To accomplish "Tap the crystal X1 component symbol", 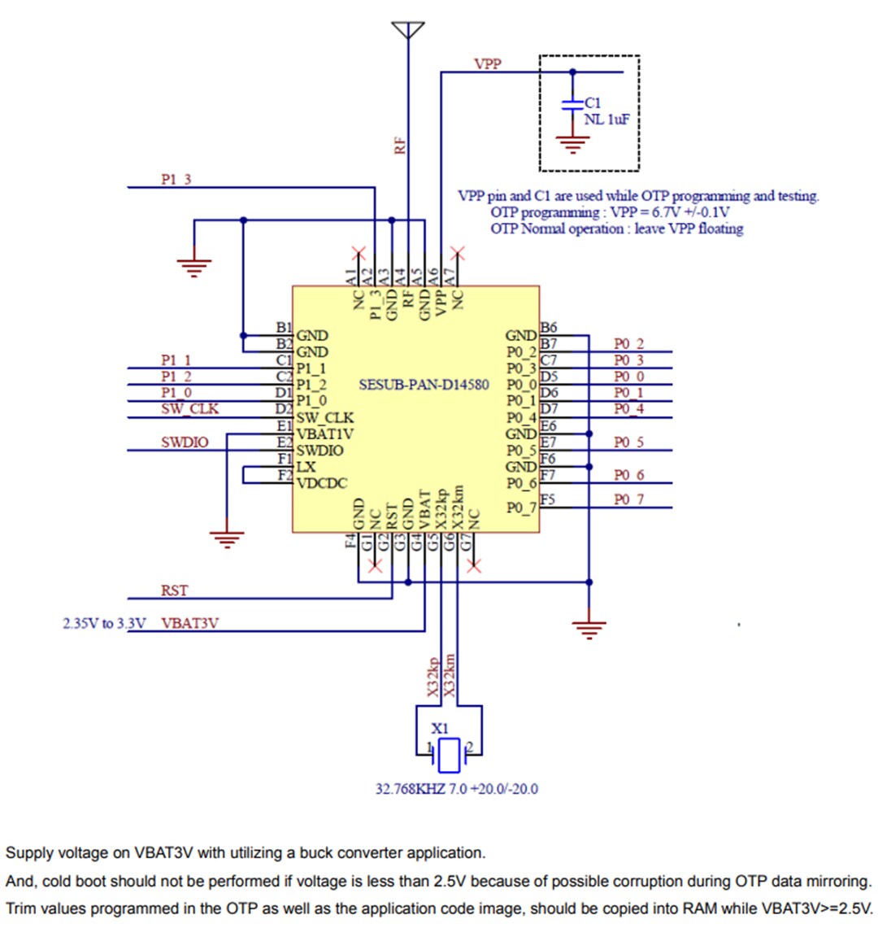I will [449, 756].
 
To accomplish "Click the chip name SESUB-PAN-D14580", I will [424, 384].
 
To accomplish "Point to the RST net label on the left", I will [174, 590].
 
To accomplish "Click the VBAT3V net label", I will [190, 623].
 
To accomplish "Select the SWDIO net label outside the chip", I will [185, 442].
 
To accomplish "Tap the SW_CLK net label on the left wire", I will [189, 408].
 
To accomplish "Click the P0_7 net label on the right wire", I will [628, 499].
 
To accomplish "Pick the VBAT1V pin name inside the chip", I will [325, 434].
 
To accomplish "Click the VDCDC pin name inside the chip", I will [322, 483].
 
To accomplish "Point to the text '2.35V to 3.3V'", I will [104, 624].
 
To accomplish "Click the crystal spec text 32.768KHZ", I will [410, 788].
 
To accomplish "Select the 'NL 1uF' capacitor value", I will [606, 120].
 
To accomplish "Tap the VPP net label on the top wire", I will [488, 63].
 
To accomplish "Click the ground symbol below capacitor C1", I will [572, 144].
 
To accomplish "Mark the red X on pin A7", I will [458, 251].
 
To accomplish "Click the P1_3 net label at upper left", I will [176, 179].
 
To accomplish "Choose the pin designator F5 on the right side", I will [549, 499].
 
